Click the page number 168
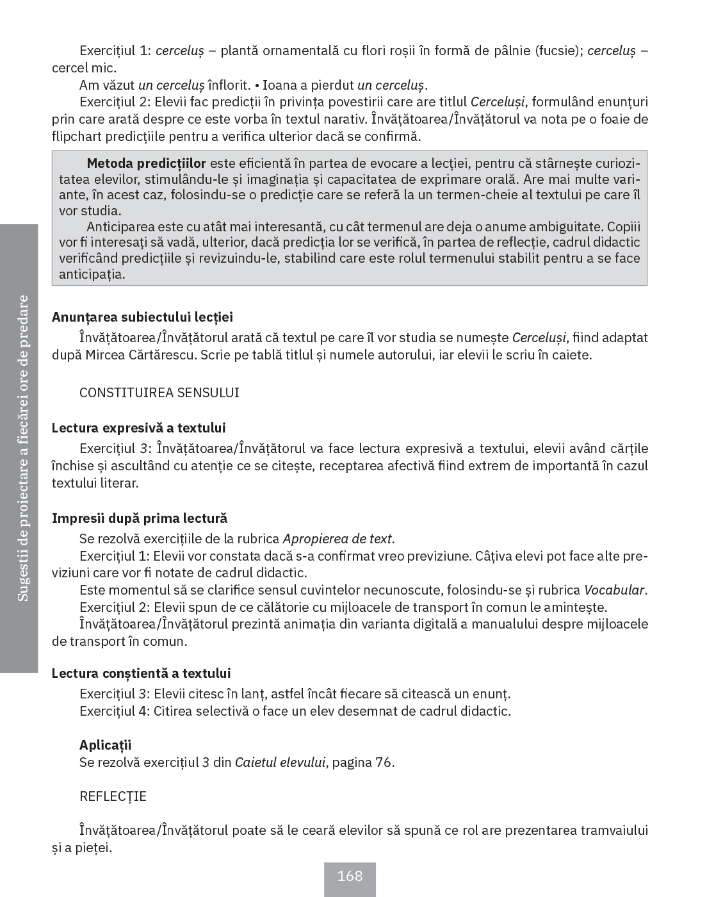[x=350, y=876]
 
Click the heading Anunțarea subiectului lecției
[x=142, y=317]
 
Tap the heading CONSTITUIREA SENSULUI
[x=159, y=393]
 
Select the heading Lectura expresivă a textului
[x=138, y=428]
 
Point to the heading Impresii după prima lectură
[x=140, y=518]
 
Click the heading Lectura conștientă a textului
[x=141, y=673]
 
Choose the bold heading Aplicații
[x=105, y=745]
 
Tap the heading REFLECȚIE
[x=113, y=796]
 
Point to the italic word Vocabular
[x=614, y=590]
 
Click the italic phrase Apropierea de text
[x=337, y=539]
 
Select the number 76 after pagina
[x=382, y=762]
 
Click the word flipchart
[x=77, y=136]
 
